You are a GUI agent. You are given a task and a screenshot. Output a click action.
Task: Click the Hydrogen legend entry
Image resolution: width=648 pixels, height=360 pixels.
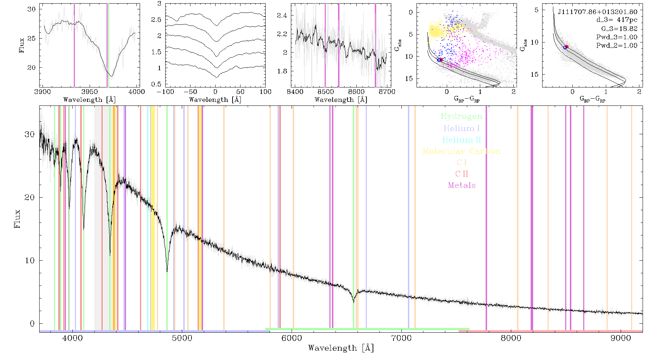(x=461, y=116)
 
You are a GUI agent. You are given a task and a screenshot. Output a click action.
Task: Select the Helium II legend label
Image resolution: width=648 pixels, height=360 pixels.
(x=462, y=140)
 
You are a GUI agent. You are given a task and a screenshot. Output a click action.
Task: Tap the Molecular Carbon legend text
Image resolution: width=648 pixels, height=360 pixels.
(x=462, y=151)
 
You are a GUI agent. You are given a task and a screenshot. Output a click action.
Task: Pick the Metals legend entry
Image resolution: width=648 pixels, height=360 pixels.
(x=462, y=185)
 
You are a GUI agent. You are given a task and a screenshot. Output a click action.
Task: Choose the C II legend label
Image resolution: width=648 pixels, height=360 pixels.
(x=462, y=174)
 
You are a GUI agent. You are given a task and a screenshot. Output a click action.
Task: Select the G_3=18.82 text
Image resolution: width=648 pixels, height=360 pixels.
(x=619, y=28)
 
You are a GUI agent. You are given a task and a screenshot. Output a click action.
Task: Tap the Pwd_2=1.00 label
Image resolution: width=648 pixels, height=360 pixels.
(x=617, y=45)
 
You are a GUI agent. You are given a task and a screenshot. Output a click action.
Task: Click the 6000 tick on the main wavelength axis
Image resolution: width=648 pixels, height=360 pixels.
(x=292, y=338)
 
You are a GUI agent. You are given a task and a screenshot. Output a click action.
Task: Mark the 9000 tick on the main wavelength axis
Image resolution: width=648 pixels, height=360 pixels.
(x=620, y=338)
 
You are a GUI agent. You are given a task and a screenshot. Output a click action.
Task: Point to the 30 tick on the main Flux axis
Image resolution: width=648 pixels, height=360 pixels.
(x=30, y=134)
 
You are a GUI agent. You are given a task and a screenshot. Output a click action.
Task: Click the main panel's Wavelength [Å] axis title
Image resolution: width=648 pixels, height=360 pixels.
(x=341, y=348)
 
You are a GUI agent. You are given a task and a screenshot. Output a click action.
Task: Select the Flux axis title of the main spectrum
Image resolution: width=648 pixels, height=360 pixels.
(x=17, y=219)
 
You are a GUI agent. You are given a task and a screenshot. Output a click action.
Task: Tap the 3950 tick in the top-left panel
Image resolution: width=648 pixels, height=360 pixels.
(x=90, y=91)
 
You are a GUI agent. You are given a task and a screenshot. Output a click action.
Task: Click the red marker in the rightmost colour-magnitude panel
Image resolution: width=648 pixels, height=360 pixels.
(x=567, y=47)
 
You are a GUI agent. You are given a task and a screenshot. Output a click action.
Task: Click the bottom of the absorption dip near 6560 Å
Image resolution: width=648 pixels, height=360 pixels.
(x=354, y=302)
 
